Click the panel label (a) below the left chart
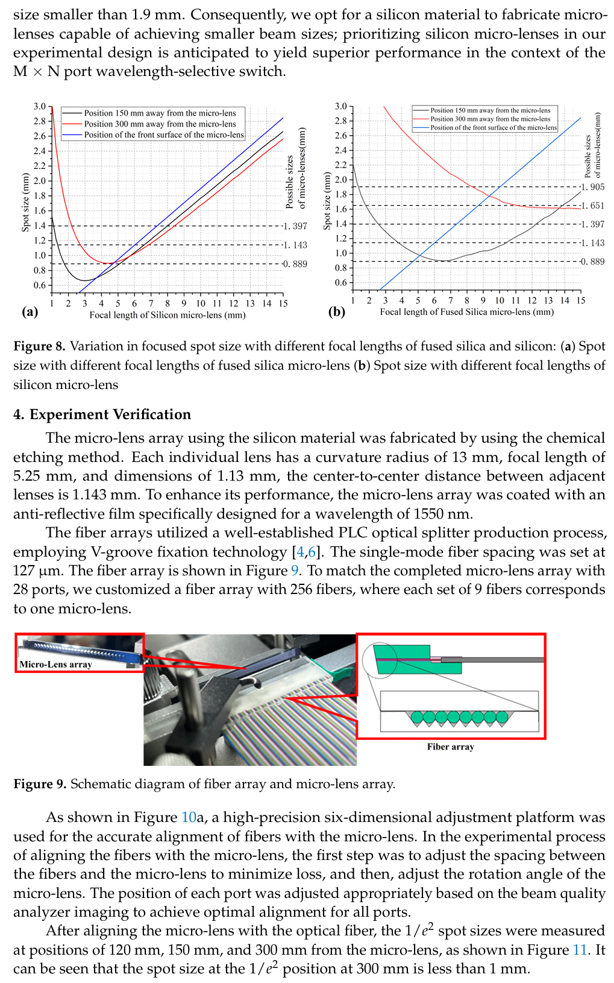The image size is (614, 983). pos(30,312)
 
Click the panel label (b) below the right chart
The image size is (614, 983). pos(336,312)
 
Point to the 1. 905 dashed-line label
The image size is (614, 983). pos(593,187)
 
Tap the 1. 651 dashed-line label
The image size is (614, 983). pos(593,206)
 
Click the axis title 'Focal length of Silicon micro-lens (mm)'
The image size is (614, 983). pos(168,315)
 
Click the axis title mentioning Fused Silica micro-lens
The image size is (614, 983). pos(466,312)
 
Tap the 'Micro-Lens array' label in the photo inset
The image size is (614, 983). pos(55,664)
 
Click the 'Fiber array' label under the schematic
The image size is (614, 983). pos(451,747)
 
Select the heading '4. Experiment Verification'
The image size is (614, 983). pos(102,414)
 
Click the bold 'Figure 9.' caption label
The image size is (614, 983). pos(40,784)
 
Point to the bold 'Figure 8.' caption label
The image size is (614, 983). pos(40,346)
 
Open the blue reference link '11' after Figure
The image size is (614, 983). pos(580,950)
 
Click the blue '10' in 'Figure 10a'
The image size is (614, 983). pos(189,818)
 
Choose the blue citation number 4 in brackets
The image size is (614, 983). pos(300,552)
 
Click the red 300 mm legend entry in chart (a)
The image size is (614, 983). pos(160,124)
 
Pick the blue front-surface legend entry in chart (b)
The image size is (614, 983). pos(493,128)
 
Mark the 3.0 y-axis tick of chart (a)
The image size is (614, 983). pos(40,106)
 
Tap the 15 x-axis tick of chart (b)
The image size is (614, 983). pos(580,300)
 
